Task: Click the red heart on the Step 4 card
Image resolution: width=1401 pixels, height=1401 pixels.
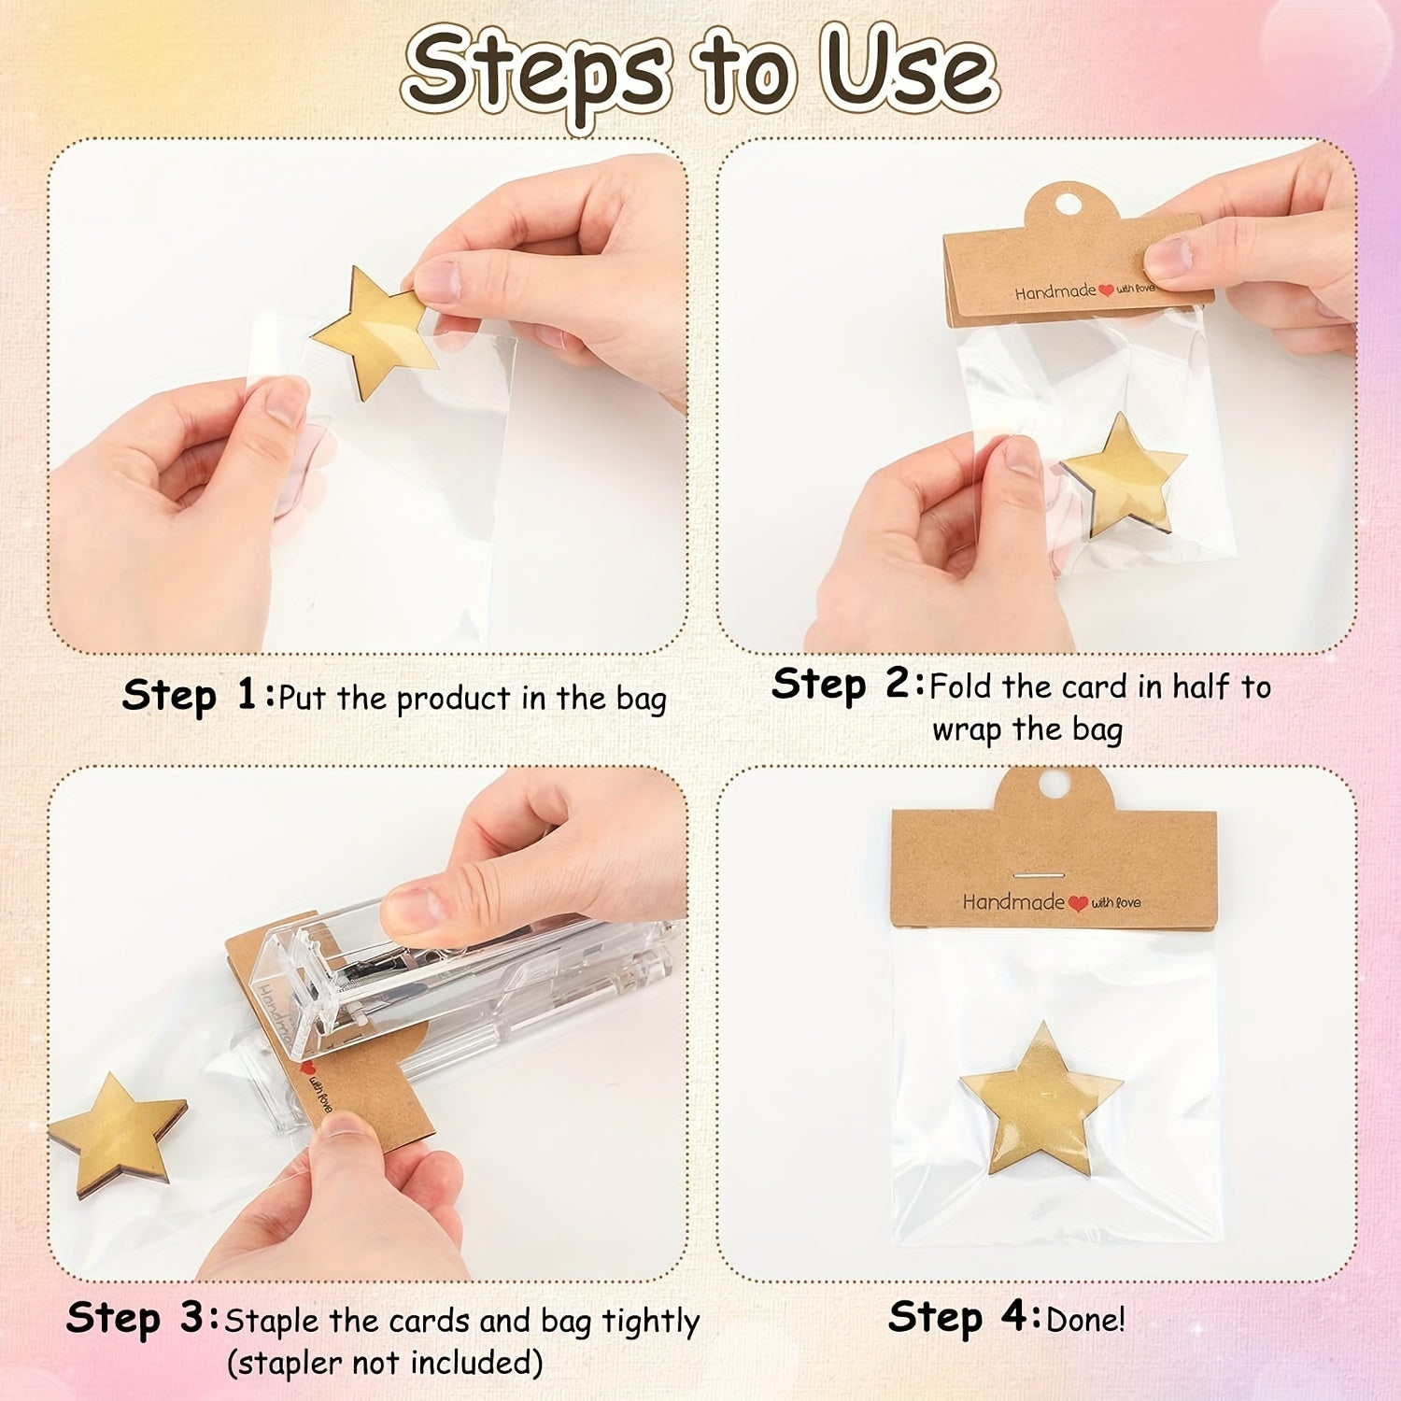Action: tap(1078, 903)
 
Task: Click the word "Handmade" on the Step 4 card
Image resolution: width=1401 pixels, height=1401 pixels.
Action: tap(1013, 901)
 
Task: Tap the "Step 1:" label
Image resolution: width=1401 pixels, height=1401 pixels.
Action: tap(199, 696)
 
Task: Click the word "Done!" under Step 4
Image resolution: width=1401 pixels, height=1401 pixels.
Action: tap(1086, 1320)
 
